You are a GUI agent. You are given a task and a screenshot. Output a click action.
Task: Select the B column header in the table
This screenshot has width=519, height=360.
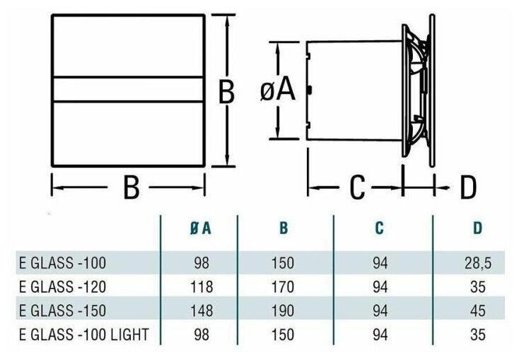point(284,228)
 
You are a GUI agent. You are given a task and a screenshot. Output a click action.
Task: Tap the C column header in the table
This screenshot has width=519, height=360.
point(380,228)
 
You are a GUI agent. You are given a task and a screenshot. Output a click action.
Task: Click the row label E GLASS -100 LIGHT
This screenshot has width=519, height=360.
point(83,335)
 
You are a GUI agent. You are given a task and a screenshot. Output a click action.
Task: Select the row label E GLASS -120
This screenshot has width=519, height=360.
point(62,288)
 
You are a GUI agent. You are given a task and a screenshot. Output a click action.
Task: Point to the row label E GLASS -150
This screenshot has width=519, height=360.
point(62,311)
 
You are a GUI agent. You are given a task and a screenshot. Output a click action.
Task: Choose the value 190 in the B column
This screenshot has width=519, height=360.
point(283,311)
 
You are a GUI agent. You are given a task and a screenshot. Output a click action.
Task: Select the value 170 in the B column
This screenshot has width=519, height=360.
point(283,288)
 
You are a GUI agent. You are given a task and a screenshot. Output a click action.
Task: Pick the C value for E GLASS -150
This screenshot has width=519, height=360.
point(380,311)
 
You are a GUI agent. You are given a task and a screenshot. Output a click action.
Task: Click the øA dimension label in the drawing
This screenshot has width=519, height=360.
point(277,90)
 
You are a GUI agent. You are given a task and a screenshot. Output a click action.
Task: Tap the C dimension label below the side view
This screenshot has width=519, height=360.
point(358,187)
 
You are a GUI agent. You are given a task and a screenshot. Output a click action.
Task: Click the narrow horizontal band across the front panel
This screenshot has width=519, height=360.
point(129,88)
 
